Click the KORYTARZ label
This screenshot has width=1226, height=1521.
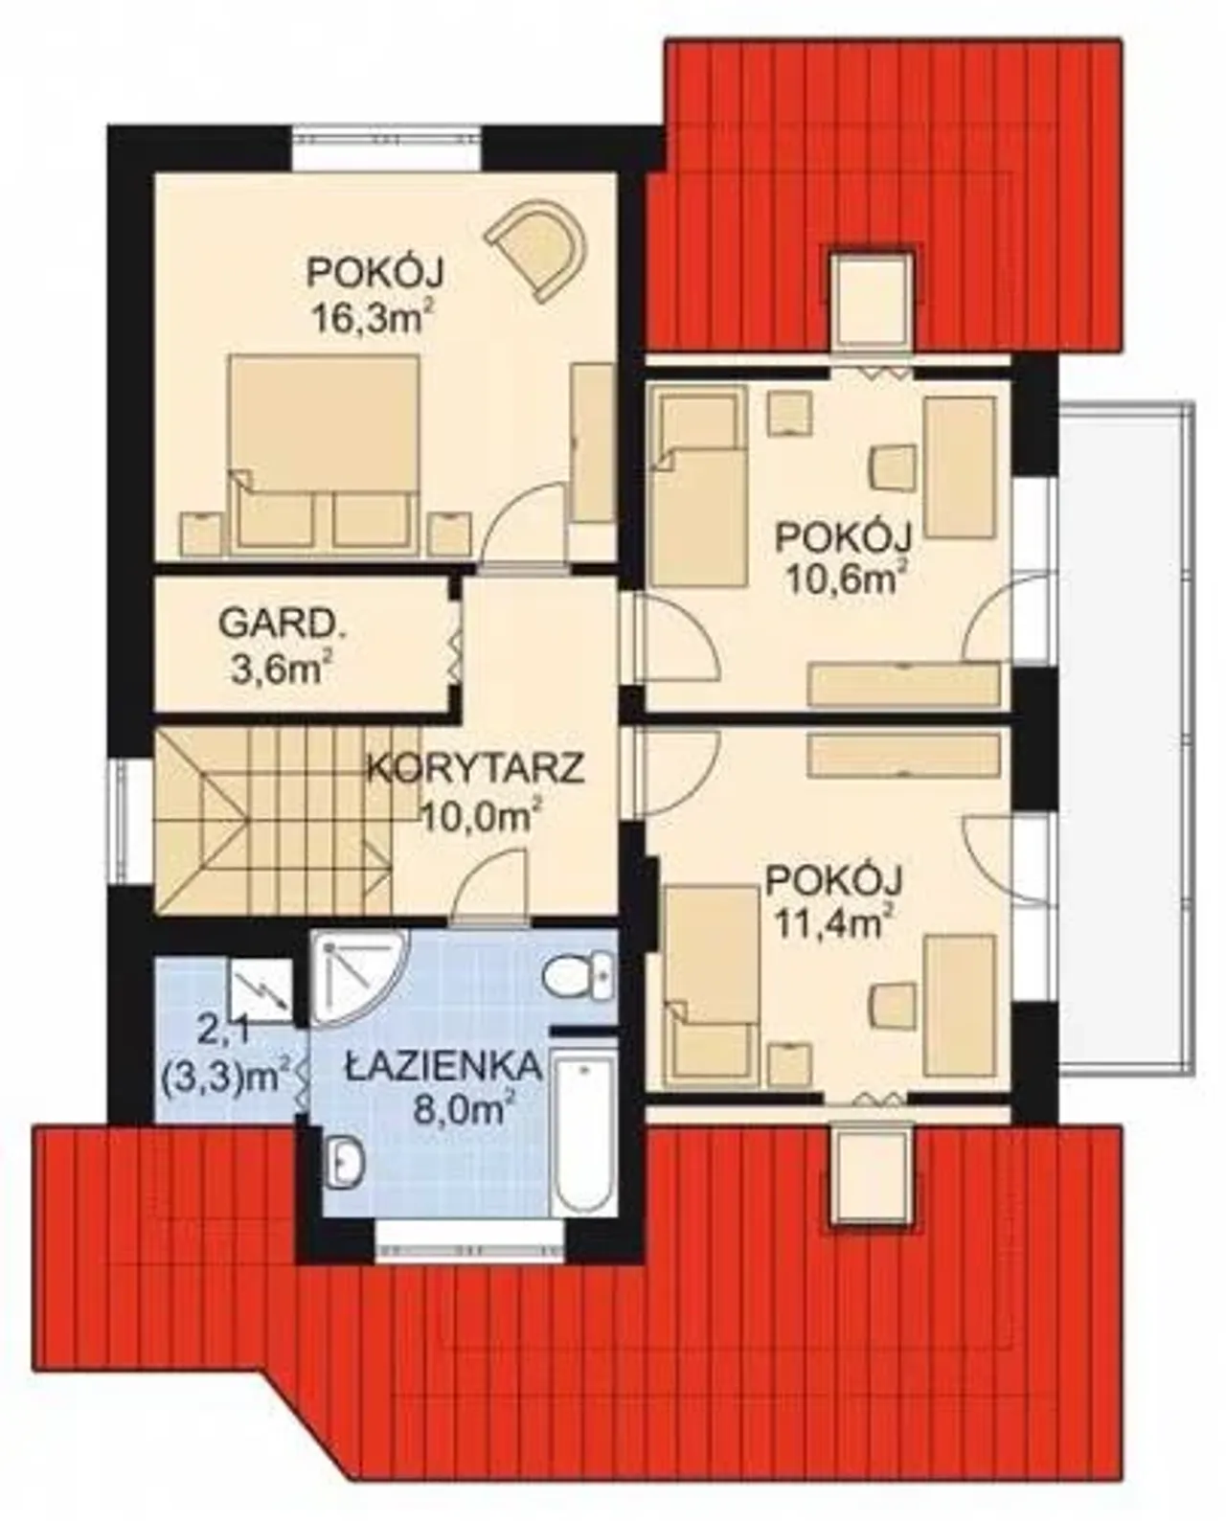(477, 768)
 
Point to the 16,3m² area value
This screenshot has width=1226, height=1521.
(371, 317)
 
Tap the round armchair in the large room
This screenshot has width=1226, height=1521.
(539, 247)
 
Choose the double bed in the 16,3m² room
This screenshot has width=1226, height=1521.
(324, 451)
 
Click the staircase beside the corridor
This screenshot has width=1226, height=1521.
(274, 821)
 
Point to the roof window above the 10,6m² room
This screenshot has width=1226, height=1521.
(871, 300)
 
